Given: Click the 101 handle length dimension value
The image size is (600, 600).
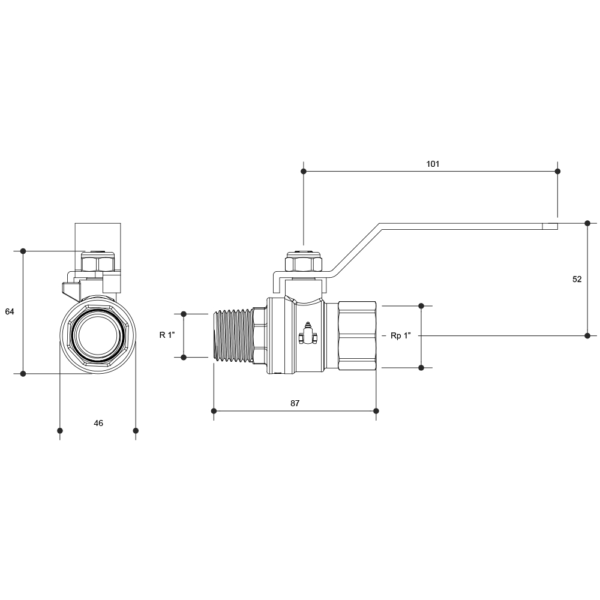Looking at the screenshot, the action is [433, 164].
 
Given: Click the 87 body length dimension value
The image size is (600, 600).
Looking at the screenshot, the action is [295, 403].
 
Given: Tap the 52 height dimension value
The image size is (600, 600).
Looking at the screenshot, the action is [577, 280].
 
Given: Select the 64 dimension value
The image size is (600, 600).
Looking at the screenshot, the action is [10, 312].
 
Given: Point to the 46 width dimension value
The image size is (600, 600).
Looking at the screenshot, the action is [98, 423].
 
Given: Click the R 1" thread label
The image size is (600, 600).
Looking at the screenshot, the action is [167, 335].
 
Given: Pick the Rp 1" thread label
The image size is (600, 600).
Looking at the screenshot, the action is [401, 335].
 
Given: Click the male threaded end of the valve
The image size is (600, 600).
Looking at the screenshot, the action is [232, 335].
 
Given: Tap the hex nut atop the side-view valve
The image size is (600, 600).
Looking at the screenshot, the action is [304, 262].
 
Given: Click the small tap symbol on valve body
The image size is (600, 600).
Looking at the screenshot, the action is [308, 334].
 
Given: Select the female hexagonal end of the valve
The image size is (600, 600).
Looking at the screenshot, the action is [357, 335].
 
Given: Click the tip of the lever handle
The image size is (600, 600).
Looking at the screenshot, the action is [557, 226].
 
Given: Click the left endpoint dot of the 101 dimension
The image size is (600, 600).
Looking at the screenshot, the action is [304, 172].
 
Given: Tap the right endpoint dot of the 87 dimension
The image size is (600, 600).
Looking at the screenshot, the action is [376, 411].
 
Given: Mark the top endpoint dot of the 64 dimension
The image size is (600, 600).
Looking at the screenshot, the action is [23, 251].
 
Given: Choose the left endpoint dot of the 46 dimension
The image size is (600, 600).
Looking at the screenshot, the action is [59, 431].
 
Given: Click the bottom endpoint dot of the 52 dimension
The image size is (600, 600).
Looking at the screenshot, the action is [587, 335].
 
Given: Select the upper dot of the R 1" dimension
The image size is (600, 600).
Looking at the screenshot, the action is [183, 314].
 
